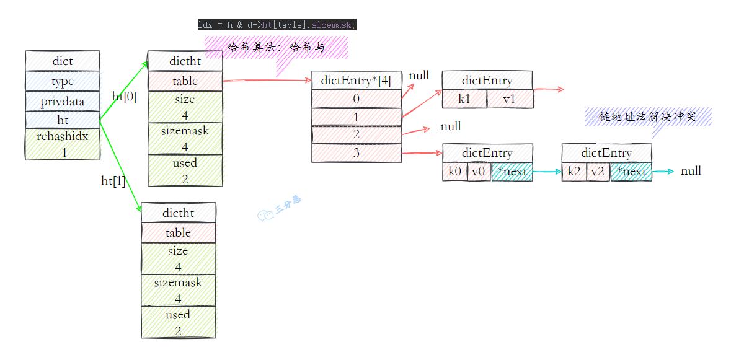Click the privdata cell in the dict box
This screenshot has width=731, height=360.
pos(62,102)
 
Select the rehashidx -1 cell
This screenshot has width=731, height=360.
pos(62,144)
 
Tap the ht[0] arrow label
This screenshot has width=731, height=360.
pos(124,97)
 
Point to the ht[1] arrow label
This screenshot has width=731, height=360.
pos(113,180)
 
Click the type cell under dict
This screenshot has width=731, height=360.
pos(62,81)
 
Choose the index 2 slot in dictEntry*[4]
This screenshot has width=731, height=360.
pos(356,134)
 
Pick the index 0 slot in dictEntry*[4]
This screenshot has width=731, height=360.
pos(356,99)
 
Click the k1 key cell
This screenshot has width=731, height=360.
pos(464,99)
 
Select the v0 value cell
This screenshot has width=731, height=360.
pos(478,172)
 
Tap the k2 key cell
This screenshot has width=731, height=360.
pos(574,172)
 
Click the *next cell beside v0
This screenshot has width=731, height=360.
pos(512,172)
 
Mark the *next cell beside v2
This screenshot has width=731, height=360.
pos(631,172)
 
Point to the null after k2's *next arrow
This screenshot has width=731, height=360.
pos(691,171)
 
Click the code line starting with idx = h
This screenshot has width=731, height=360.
pos(276,25)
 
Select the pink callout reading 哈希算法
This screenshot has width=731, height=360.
pos(277,47)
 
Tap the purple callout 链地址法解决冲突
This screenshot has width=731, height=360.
pos(648,116)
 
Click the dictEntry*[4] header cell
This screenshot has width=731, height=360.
pos(356,81)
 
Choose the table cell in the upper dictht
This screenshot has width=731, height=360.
pos(185,81)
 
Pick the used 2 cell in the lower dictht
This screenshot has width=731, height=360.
pos(178,322)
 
